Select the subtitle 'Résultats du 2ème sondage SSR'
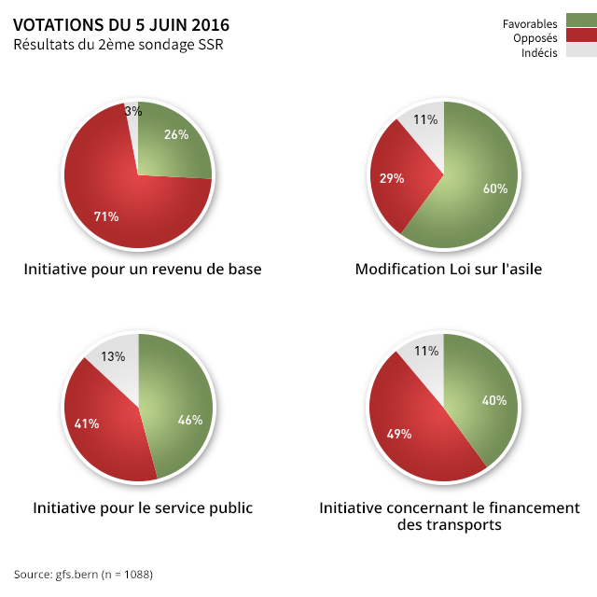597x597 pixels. click(118, 45)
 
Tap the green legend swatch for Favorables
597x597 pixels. click(580, 22)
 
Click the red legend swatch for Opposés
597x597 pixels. click(580, 36)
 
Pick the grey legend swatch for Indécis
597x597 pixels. click(580, 51)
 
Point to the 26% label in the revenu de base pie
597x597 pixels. click(175, 134)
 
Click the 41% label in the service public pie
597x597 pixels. click(87, 424)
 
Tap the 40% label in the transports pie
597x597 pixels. click(493, 401)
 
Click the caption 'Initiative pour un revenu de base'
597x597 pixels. click(142, 270)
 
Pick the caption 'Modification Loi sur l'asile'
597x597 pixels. click(449, 270)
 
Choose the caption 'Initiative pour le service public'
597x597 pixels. click(143, 508)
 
